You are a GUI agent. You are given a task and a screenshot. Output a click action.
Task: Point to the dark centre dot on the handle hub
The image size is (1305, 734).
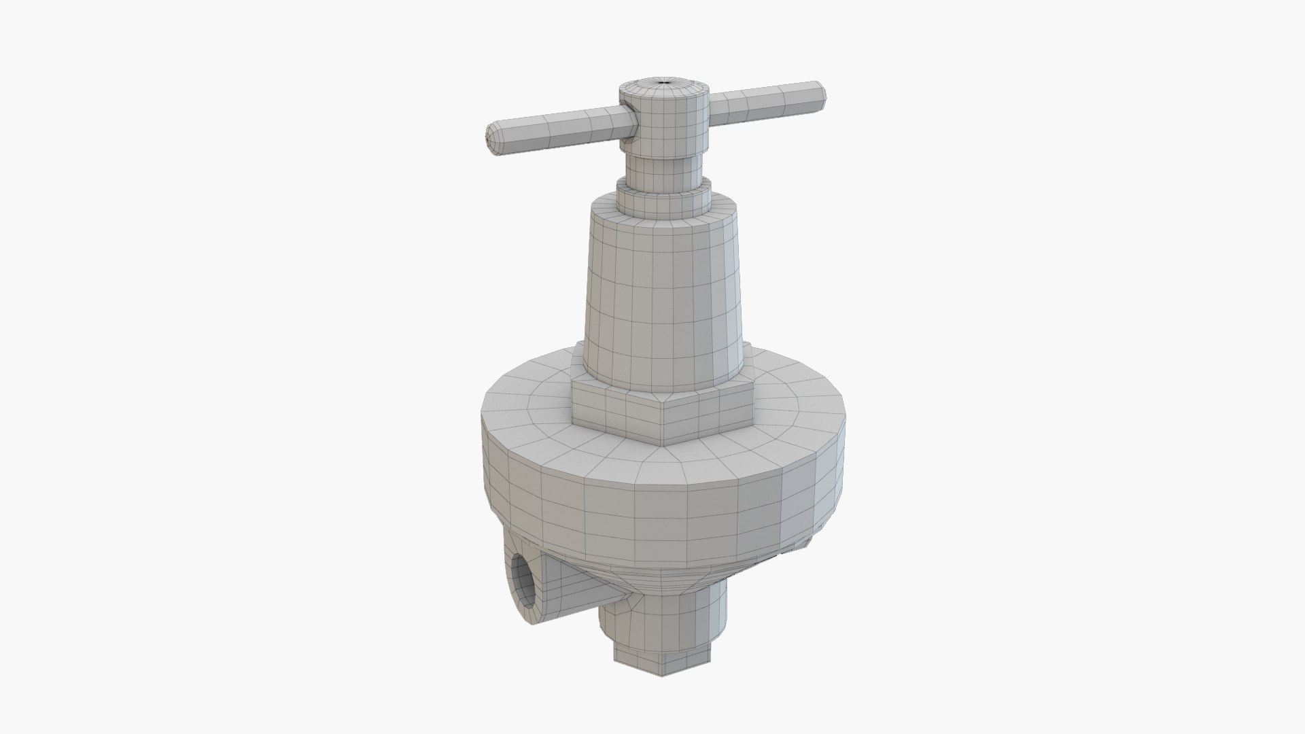(x=663, y=82)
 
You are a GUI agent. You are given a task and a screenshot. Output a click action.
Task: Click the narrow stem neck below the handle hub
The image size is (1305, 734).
(x=663, y=164)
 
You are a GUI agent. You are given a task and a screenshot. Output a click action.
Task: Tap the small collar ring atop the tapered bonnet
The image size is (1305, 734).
(x=663, y=195)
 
